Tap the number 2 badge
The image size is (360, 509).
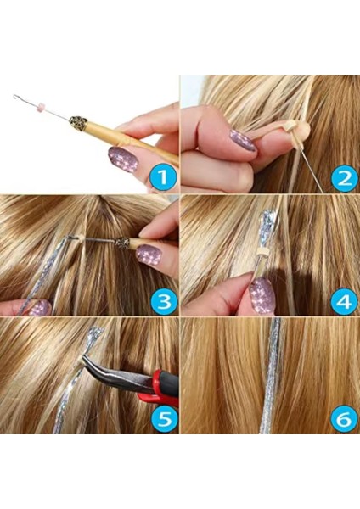(343, 178)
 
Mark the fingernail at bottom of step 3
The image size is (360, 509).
(37, 307)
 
